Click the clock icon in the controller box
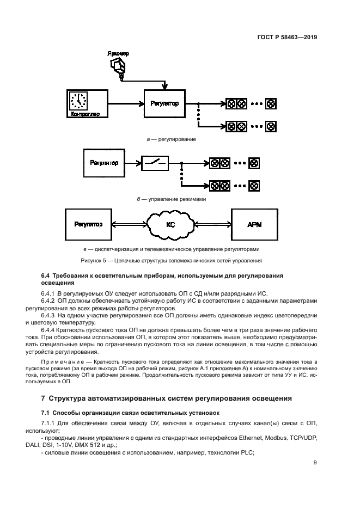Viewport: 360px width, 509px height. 79,101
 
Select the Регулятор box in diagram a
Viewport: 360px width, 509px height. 164,103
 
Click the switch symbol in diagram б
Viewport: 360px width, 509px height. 155,162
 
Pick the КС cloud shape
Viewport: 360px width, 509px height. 170,224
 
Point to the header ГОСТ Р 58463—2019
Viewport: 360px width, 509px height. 288,38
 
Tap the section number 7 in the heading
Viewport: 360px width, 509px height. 44,398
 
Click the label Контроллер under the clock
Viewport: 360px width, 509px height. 82,114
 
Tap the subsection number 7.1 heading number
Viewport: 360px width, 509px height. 46,413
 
